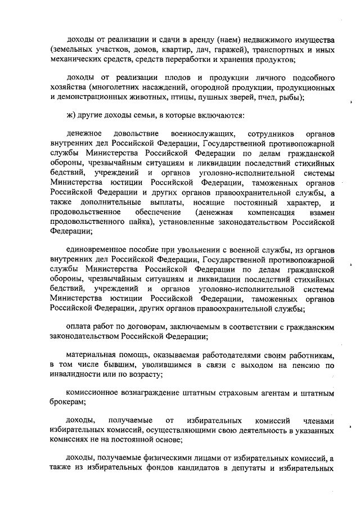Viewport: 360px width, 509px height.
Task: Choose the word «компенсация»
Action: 269,213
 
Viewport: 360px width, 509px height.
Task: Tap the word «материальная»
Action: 91,354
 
